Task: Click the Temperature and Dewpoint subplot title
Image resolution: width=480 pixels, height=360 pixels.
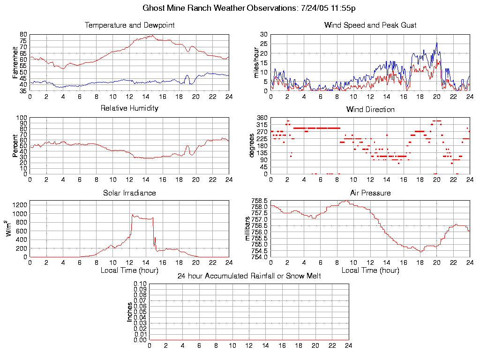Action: pyautogui.click(x=129, y=25)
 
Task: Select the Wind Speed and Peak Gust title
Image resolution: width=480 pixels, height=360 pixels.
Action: pyautogui.click(x=370, y=25)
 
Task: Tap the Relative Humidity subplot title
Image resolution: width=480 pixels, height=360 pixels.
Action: pyautogui.click(x=129, y=108)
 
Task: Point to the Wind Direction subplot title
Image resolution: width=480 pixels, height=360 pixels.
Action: pyautogui.click(x=370, y=110)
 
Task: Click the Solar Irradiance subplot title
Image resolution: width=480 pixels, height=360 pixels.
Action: pyautogui.click(x=129, y=193)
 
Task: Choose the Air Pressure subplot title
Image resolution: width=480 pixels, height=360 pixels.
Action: pyautogui.click(x=370, y=193)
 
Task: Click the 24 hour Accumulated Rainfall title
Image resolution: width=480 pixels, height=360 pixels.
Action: pyautogui.click(x=249, y=276)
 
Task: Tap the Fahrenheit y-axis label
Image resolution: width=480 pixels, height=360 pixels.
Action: pyautogui.click(x=15, y=62)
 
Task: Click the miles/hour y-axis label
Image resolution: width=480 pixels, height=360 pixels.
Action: pyautogui.click(x=256, y=62)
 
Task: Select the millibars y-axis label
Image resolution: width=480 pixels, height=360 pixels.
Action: pyautogui.click(x=248, y=229)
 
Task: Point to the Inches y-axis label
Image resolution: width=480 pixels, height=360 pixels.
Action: pyautogui.click(x=130, y=312)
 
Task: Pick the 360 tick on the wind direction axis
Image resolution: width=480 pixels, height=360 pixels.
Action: pyautogui.click(x=262, y=118)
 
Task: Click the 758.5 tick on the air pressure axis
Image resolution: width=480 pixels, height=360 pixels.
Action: pyautogui.click(x=259, y=201)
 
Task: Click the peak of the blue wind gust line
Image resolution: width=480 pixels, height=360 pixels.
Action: pyautogui.click(x=436, y=43)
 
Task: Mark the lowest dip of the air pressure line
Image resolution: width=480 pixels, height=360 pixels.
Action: pyautogui.click(x=421, y=252)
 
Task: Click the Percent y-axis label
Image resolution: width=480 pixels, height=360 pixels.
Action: pyautogui.click(x=15, y=146)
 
